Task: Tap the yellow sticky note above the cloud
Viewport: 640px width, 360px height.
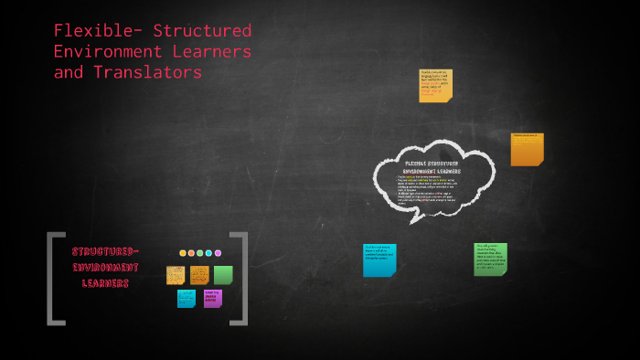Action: (x=435, y=85)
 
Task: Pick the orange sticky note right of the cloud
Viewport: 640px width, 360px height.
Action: (x=528, y=149)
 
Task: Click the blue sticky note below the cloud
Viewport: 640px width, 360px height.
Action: (x=379, y=259)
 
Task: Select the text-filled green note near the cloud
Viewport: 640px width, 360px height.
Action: (x=490, y=259)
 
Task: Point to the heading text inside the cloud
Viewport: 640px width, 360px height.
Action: (x=432, y=166)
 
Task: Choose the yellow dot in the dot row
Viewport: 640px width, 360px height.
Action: (x=183, y=253)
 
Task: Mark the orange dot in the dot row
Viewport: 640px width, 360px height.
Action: (x=191, y=253)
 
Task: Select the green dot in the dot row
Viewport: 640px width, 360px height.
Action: (x=200, y=253)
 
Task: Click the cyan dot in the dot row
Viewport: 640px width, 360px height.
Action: (x=208, y=253)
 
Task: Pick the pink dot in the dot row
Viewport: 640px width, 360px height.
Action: (x=218, y=253)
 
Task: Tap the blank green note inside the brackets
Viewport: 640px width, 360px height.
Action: (x=223, y=275)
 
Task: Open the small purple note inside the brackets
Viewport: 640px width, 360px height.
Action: (x=213, y=298)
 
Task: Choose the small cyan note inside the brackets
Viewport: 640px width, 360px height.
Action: (x=187, y=299)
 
